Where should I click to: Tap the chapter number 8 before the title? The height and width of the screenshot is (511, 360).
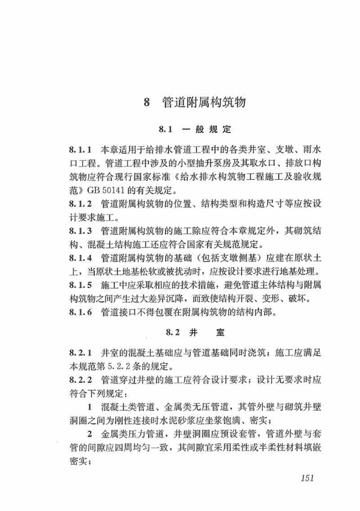tap(146, 103)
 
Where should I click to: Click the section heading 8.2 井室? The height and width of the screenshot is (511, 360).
tap(194, 333)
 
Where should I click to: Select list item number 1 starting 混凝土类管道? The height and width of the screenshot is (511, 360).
tap(90, 408)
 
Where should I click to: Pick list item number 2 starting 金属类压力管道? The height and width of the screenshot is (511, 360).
tap(90, 435)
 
